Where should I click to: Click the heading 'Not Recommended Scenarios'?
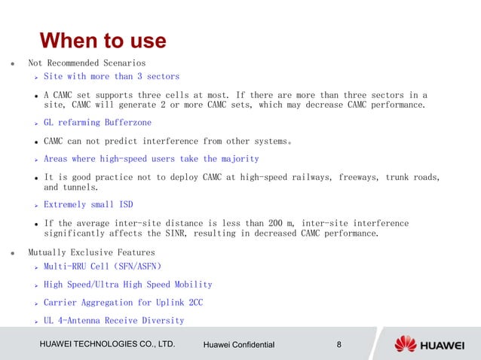[x=87, y=63]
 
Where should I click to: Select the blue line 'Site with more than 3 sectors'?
[x=111, y=77]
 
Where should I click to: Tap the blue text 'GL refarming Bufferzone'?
[x=97, y=122]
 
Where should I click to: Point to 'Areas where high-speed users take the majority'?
[x=151, y=159]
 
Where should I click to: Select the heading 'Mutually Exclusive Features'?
[x=91, y=252]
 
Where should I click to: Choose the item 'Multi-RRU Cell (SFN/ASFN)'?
[x=103, y=267]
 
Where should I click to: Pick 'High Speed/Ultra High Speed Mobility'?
[x=127, y=285]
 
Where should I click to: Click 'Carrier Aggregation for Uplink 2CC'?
[x=123, y=303]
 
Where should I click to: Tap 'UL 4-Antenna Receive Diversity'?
[x=113, y=321]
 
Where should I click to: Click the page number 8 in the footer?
[x=339, y=345]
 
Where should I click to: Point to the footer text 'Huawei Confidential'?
[x=240, y=346]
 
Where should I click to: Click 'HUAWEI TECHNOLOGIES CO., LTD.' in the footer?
[x=107, y=345]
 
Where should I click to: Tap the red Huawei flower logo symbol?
[x=406, y=344]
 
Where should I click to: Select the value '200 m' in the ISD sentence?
[x=287, y=224]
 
